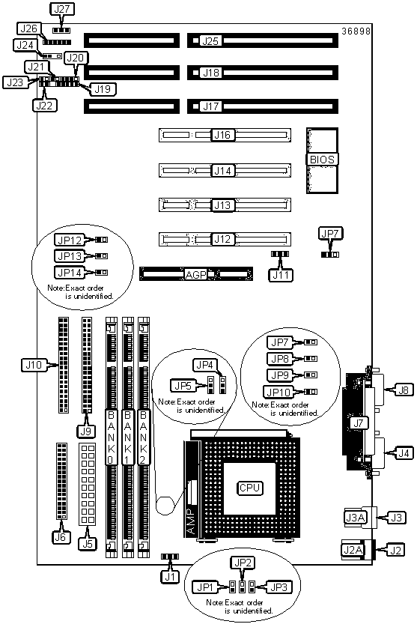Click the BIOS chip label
tap(322, 160)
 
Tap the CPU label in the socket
tap(250, 488)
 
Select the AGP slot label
tap(195, 275)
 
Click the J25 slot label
tap(211, 40)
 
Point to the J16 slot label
tap(222, 135)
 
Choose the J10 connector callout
tap(34, 366)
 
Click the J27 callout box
tap(62, 9)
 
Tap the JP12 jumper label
tap(70, 240)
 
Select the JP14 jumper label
tap(70, 273)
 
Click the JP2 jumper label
tap(243, 563)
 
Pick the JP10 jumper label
tap(278, 392)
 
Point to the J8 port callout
tap(404, 390)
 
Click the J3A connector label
tap(356, 517)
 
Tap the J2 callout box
tap(395, 550)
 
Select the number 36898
tap(356, 31)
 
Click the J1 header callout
tap(171, 578)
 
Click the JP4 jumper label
tap(205, 365)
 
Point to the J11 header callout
tap(281, 275)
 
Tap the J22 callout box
tap(45, 106)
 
